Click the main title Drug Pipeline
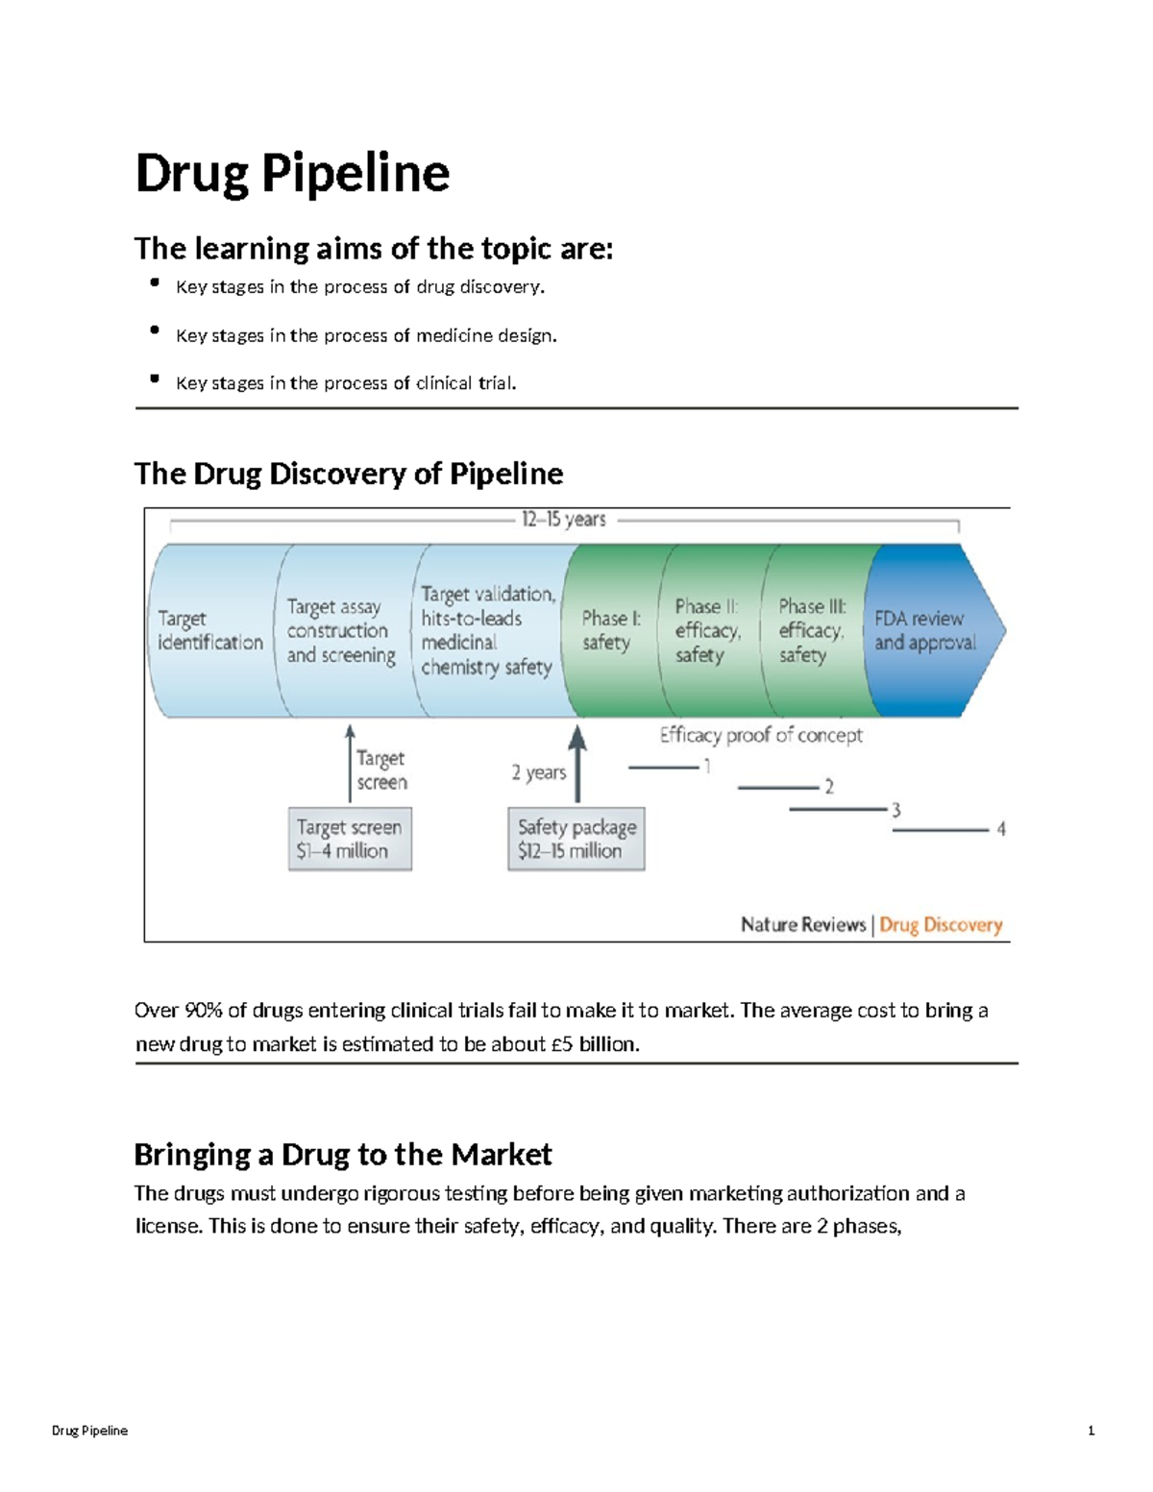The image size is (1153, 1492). (x=292, y=174)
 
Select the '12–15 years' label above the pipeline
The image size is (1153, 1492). (x=563, y=520)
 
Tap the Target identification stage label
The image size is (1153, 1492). (x=209, y=630)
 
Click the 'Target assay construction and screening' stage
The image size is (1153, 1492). (x=341, y=631)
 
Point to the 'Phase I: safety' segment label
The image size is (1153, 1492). (x=610, y=630)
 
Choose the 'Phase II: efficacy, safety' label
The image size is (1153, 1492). (x=707, y=630)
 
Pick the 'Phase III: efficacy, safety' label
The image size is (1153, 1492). (x=812, y=630)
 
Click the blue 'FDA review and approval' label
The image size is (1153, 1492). (x=924, y=630)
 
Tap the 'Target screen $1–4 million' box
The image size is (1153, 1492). (x=350, y=839)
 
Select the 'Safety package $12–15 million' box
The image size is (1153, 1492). (x=576, y=839)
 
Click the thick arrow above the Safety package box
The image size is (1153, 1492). (x=577, y=764)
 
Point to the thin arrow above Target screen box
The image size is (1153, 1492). (x=350, y=764)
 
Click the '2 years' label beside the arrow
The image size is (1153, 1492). (x=538, y=772)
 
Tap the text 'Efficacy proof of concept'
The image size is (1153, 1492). (x=761, y=735)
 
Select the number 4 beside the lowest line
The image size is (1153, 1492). (x=1001, y=828)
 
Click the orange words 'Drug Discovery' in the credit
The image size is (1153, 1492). (x=941, y=924)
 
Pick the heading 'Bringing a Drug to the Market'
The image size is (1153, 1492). (x=343, y=1154)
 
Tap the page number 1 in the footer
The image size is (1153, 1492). (x=1091, y=1431)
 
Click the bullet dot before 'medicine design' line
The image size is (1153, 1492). (x=155, y=330)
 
